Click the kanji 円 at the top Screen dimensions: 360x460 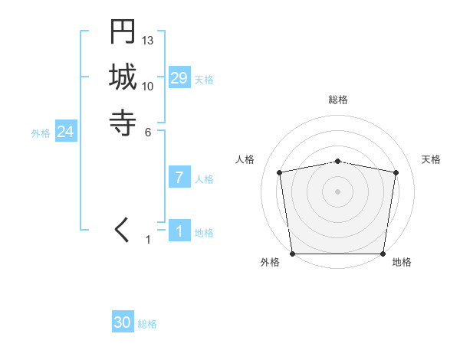click(123, 33)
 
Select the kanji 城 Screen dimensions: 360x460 click(123, 78)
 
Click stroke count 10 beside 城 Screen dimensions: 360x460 click(148, 86)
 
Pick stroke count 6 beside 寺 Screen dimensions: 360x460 click(148, 132)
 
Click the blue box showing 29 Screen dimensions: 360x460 click(179, 78)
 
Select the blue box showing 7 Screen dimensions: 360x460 click(179, 178)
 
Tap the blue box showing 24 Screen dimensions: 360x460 click(66, 133)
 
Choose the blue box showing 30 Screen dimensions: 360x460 click(123, 322)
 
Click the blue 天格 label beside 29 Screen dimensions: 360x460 click(204, 80)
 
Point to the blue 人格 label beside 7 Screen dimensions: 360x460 click(204, 179)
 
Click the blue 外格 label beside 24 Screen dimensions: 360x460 click(41, 133)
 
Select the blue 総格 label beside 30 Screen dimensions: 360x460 click(147, 324)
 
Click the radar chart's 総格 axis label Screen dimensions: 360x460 click(337, 100)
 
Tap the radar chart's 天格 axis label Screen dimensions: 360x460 click(431, 159)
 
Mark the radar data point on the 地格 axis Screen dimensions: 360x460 click(383, 254)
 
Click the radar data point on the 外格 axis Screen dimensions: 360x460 click(292, 254)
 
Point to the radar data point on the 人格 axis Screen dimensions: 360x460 click(280, 172)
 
